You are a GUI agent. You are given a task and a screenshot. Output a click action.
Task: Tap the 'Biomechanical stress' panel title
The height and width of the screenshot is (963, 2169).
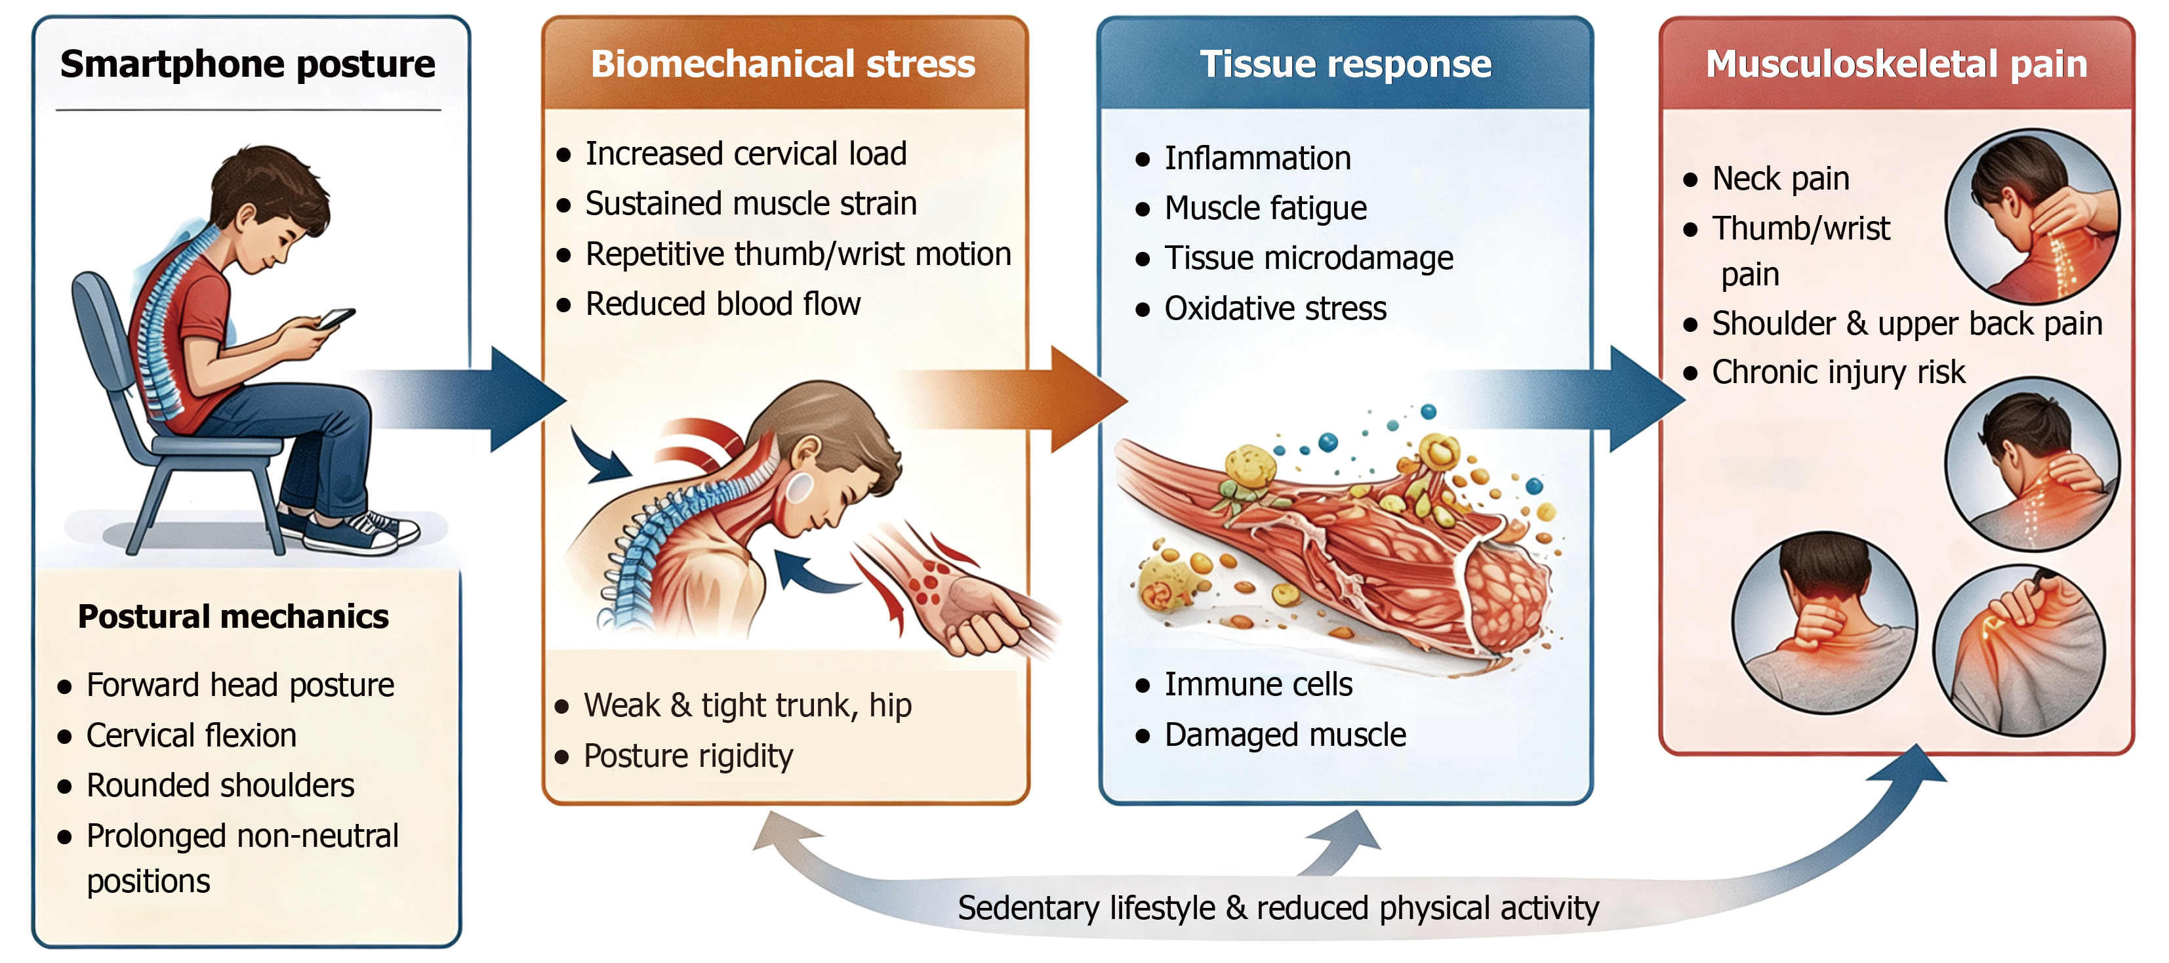(783, 64)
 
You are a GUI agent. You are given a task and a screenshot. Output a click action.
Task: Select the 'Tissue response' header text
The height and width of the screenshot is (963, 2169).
(1345, 65)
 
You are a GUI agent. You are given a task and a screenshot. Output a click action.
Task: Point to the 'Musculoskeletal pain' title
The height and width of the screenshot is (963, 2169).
(1896, 65)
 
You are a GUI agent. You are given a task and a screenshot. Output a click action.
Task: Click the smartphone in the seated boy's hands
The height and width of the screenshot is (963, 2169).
(335, 318)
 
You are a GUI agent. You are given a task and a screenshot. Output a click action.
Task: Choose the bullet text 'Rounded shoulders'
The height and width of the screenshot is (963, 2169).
(220, 785)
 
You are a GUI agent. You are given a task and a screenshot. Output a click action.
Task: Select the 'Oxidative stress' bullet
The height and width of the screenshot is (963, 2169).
(1275, 309)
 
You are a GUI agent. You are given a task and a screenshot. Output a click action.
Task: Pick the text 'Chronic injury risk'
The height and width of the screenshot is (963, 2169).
(1839, 373)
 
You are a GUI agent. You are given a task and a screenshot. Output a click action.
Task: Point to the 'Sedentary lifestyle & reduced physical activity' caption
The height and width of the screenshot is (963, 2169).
(1278, 909)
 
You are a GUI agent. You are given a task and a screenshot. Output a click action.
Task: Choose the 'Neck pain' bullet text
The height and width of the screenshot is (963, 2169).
(1781, 179)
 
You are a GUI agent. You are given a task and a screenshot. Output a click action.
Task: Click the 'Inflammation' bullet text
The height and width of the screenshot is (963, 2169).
(1257, 158)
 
